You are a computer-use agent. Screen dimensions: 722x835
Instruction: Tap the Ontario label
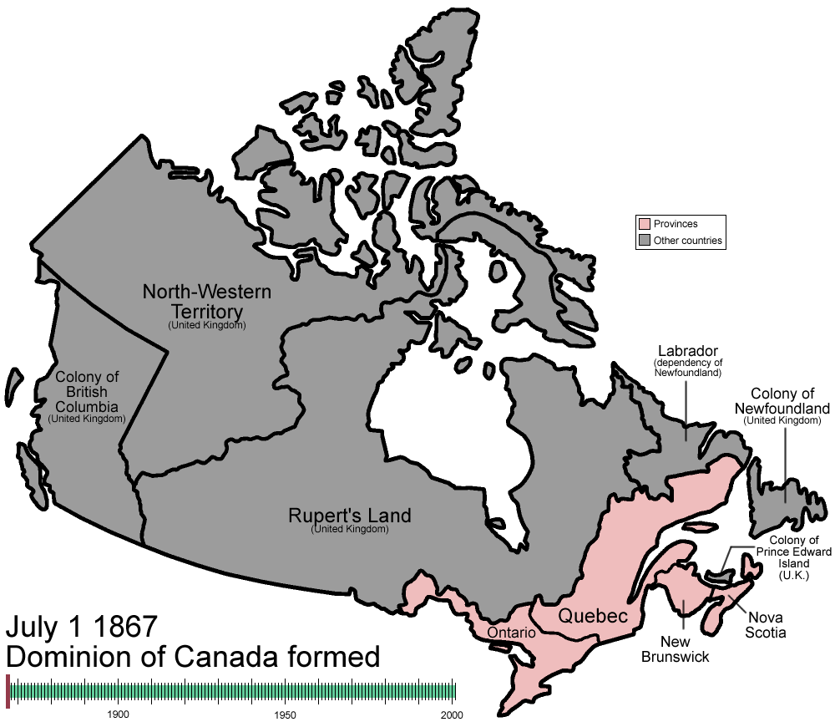pyautogui.click(x=511, y=633)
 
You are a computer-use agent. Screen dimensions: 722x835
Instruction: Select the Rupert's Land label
pyautogui.click(x=349, y=515)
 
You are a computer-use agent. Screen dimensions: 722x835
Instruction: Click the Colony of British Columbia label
pyautogui.click(x=87, y=393)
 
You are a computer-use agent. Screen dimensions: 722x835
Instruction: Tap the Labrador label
pyautogui.click(x=687, y=350)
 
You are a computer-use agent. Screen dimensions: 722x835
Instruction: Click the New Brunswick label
pyautogui.click(x=675, y=649)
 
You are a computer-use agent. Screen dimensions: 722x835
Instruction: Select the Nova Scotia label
pyautogui.click(x=767, y=625)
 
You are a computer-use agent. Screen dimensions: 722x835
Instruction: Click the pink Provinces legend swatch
pyautogui.click(x=644, y=224)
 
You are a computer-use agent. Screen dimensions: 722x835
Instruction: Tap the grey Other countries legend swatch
pyautogui.click(x=644, y=241)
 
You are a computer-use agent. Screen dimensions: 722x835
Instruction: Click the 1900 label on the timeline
pyautogui.click(x=118, y=714)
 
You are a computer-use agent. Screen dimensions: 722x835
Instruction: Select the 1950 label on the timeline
pyautogui.click(x=285, y=714)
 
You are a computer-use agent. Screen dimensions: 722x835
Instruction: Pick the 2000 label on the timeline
pyautogui.click(x=451, y=714)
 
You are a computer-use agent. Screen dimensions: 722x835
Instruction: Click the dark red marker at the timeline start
pyautogui.click(x=8, y=690)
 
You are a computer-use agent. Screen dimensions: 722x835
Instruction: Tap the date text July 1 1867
pyautogui.click(x=81, y=627)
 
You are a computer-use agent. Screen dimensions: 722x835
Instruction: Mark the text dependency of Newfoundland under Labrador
pyautogui.click(x=687, y=367)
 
